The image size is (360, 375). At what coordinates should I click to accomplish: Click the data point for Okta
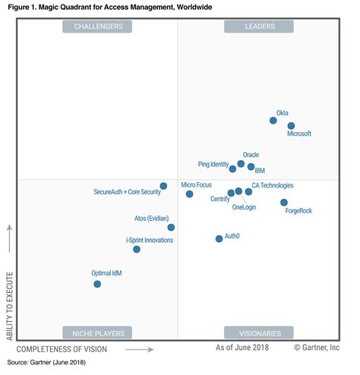click(273, 120)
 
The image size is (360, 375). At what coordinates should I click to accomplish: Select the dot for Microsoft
click(291, 126)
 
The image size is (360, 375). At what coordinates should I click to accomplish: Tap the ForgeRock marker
click(284, 203)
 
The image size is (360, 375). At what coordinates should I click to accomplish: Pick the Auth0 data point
click(219, 238)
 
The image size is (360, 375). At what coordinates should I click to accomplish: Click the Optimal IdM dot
click(97, 284)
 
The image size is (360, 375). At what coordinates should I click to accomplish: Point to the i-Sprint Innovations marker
click(137, 249)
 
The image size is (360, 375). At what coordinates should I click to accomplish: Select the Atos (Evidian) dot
click(171, 227)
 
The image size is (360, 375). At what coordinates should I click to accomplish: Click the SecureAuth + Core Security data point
click(163, 186)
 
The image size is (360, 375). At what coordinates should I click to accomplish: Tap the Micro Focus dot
click(189, 194)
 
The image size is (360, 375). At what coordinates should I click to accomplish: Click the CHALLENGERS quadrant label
click(97, 27)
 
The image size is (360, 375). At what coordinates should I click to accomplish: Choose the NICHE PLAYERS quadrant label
click(97, 332)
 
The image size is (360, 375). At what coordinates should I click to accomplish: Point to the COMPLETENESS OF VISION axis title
click(62, 349)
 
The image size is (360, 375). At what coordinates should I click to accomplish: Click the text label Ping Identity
click(213, 164)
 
